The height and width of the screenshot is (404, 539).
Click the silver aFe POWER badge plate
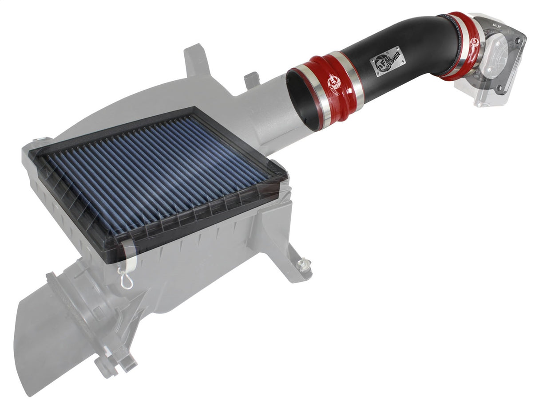click(x=387, y=60)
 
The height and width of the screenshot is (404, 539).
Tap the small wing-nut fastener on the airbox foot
click(x=304, y=265)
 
